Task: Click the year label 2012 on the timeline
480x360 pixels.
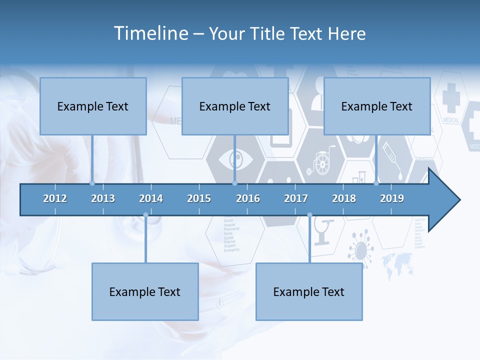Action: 55,198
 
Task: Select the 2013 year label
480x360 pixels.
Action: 103,198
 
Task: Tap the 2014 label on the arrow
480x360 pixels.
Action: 151,198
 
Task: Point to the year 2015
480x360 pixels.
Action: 199,198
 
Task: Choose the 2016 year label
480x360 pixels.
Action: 248,198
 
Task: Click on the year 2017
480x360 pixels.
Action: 296,198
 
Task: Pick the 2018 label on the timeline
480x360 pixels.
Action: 344,198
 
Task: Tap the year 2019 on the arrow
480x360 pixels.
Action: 392,198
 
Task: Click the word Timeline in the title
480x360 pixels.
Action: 150,33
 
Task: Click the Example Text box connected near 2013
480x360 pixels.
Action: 93,106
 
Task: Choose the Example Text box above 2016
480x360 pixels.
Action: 235,106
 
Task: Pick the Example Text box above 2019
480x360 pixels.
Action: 377,106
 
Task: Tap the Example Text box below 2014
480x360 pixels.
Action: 145,291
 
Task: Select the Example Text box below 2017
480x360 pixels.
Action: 309,291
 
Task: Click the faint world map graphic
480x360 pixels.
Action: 397,264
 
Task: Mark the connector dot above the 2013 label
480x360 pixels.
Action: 92,183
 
